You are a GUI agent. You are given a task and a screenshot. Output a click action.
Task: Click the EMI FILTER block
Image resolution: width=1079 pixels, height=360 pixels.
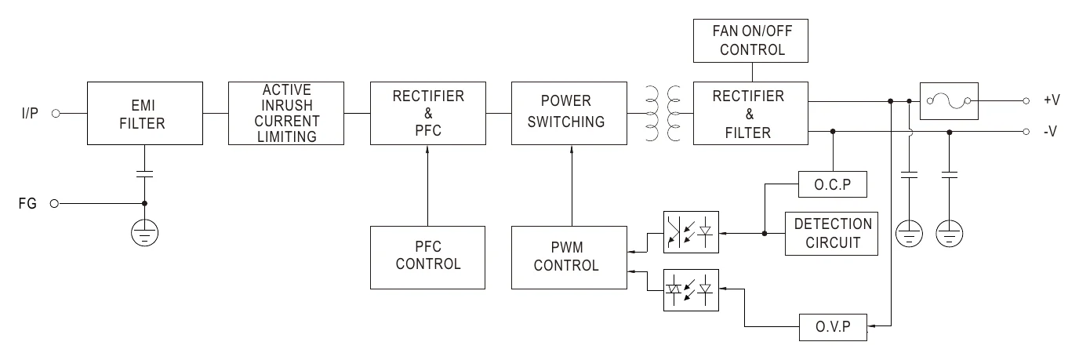[144, 113]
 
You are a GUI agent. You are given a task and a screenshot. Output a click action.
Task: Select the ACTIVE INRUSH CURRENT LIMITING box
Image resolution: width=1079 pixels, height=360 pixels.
[286, 113]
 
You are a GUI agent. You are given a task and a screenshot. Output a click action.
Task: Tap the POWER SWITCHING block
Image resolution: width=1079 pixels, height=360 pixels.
[569, 113]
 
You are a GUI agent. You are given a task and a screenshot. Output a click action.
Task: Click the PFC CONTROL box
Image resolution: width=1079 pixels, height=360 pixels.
[427, 257]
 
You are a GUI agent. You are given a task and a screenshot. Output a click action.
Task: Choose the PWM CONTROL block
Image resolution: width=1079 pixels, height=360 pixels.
[569, 257]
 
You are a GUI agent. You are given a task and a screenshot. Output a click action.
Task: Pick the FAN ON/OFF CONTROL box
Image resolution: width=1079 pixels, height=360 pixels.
[750, 41]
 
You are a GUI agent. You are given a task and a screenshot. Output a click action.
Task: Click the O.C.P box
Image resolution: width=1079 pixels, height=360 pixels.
[832, 184]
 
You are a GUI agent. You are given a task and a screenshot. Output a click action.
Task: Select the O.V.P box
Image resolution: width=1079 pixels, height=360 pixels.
[833, 327]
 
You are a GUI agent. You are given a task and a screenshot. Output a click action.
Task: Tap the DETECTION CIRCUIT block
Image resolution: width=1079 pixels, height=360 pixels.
[831, 233]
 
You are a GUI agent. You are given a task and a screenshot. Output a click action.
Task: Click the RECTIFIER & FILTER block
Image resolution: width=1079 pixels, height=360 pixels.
[750, 113]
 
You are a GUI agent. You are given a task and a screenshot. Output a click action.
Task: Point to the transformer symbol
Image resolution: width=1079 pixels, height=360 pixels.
[663, 113]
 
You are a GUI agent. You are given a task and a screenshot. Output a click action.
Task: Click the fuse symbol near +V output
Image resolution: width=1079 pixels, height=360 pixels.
[949, 101]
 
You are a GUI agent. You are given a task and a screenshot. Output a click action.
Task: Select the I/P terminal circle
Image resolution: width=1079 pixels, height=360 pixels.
[56, 114]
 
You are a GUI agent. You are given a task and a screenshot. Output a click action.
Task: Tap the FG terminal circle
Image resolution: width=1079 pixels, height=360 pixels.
[54, 204]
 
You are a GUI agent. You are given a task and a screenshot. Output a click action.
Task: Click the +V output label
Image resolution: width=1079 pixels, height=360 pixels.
[1052, 100]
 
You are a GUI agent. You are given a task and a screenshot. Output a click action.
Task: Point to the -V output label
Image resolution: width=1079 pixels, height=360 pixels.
[1050, 131]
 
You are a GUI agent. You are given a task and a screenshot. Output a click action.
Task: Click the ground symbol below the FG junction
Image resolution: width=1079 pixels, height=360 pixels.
[144, 233]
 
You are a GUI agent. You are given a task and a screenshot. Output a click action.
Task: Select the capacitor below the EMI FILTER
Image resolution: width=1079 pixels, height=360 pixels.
[144, 174]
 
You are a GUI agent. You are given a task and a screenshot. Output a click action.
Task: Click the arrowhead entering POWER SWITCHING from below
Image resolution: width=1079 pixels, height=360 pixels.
[572, 149]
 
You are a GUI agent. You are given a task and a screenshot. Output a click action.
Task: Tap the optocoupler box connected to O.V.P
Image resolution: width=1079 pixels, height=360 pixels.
[691, 290]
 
